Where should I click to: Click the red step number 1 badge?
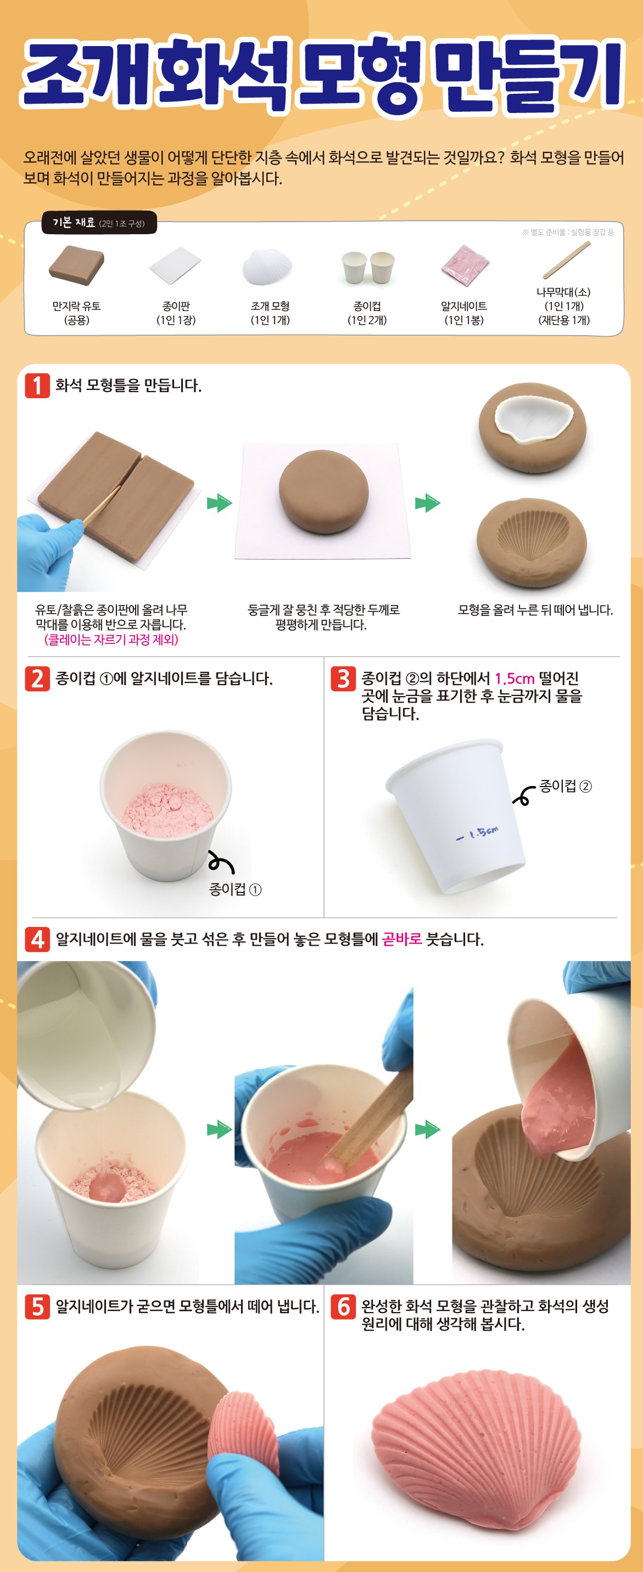[37, 385]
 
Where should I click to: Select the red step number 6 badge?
[343, 1307]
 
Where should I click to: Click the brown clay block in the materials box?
[76, 265]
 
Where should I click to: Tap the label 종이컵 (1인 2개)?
[367, 313]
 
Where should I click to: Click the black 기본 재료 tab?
[99, 223]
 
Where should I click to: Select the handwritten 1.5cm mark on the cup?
[477, 833]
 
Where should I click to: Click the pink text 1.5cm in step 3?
[514, 678]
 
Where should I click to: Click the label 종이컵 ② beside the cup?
[566, 786]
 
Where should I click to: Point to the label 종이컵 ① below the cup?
[235, 889]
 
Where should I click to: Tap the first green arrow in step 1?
[219, 504]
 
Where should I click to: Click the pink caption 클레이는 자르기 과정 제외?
[111, 640]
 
